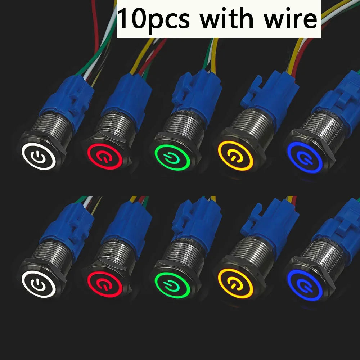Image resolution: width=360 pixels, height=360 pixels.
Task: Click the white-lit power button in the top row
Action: coord(39,156)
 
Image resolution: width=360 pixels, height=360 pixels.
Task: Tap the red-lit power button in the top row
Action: coord(104,157)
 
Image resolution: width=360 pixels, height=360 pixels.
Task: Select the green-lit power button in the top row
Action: coord(172,158)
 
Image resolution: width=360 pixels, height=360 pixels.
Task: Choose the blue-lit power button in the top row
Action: coord(305,157)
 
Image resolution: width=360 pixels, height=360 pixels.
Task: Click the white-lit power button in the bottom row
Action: coord(39,284)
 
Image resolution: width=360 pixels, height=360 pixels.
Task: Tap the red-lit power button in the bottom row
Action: coord(104,284)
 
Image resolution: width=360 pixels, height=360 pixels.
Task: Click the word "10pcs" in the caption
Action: coord(154,19)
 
